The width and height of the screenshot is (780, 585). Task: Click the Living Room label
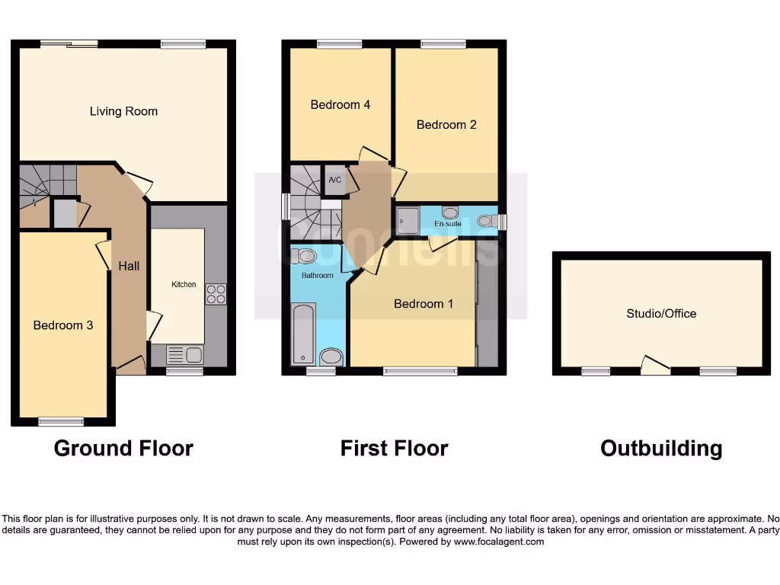[x=123, y=111]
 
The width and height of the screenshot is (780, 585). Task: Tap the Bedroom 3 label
[x=63, y=325]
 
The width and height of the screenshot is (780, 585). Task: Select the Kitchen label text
[x=184, y=284]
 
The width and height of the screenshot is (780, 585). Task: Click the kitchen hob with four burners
[x=215, y=294]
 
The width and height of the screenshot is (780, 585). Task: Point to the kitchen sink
[x=184, y=355]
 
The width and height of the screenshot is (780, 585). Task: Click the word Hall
[x=129, y=266]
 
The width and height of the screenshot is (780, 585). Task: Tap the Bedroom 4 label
[x=340, y=104]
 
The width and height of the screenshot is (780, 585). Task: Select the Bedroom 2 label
[x=446, y=124]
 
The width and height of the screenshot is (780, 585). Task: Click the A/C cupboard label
[x=334, y=181]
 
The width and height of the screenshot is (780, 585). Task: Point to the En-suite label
[x=448, y=224]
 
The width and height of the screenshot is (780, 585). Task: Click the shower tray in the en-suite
[x=408, y=221]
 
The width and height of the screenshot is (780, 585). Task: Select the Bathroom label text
[x=318, y=275]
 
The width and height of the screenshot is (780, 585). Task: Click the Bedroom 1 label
[x=424, y=304]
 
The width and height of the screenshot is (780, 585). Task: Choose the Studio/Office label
[x=661, y=313]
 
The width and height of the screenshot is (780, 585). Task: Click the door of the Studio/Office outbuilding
[x=655, y=366]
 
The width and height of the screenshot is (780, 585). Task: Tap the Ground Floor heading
[x=123, y=448]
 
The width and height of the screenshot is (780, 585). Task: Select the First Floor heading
[x=394, y=448]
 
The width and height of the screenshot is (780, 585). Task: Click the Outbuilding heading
[x=661, y=448]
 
